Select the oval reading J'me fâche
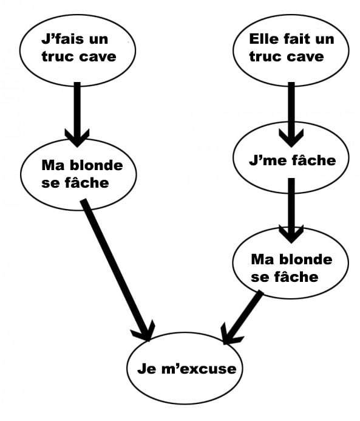(x=291, y=157)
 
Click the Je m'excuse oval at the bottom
(x=185, y=368)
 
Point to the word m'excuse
(x=199, y=368)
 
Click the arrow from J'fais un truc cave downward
(x=77, y=115)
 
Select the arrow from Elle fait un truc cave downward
(x=291, y=115)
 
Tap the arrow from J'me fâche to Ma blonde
(x=291, y=210)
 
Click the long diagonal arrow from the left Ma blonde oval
(x=118, y=270)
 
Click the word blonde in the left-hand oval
(x=97, y=165)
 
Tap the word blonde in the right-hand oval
(x=306, y=259)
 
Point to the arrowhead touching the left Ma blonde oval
(x=77, y=138)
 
